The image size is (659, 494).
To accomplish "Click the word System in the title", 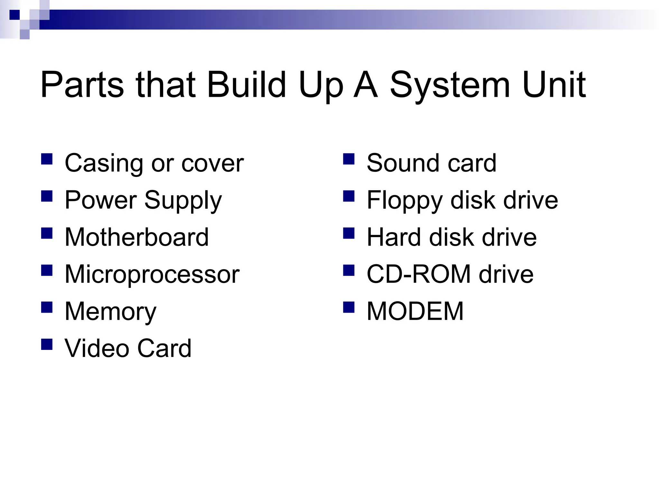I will [x=450, y=85].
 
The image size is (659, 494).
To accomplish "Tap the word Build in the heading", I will [x=246, y=85].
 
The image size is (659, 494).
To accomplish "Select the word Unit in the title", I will [x=554, y=85].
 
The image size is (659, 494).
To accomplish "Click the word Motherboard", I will [x=137, y=237].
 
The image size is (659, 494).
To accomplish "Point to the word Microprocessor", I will [x=152, y=275].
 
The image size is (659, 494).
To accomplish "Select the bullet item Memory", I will [x=110, y=312].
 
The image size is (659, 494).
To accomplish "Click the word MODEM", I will [x=415, y=311].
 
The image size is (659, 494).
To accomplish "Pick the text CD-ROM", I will [x=419, y=274].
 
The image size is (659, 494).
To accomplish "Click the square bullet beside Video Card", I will [x=47, y=344].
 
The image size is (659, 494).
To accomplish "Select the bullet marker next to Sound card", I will [x=349, y=159].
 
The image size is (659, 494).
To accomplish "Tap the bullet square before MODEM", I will [x=349, y=307].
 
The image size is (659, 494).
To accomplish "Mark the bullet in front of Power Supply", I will [x=47, y=196].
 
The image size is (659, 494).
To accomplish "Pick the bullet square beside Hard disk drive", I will [x=349, y=233].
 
